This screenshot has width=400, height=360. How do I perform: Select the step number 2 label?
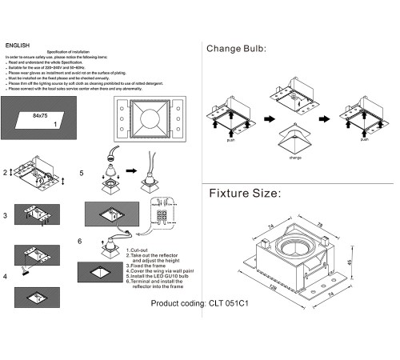point(5,173)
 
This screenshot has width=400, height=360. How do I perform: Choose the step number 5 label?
point(81,173)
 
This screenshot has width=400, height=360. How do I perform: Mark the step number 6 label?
point(80,241)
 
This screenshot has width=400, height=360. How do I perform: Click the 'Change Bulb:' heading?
point(236,50)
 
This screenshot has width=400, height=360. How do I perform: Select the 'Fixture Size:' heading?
point(244,194)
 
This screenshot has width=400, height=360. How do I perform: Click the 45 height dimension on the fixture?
point(350,264)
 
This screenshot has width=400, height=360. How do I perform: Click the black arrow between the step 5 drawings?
point(130,171)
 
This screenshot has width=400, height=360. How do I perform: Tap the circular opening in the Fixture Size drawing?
point(295,242)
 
